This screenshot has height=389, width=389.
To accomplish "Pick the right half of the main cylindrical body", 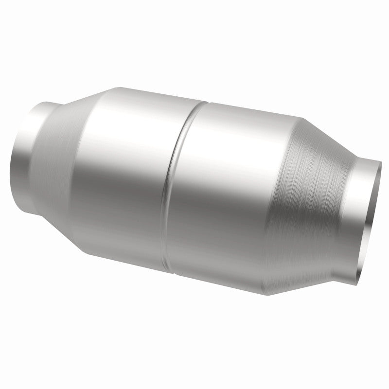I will point(229,194).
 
